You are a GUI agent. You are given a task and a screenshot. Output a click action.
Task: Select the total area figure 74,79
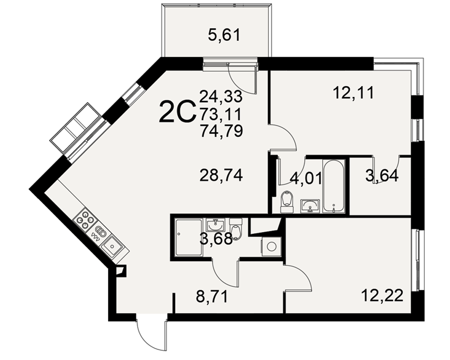[221, 131]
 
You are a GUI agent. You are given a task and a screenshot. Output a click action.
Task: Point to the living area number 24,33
[221, 96]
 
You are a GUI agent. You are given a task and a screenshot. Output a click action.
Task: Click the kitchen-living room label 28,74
[221, 175]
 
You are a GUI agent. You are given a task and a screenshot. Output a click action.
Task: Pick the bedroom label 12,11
[354, 93]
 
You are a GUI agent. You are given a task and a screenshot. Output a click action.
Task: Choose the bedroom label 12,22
[382, 295]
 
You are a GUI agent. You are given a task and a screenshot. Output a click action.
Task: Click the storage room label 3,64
[382, 176]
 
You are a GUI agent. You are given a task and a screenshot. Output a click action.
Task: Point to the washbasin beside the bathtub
[310, 206]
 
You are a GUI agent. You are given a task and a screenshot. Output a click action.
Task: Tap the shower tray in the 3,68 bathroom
[189, 237]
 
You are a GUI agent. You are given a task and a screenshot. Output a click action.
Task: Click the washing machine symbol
[271, 246]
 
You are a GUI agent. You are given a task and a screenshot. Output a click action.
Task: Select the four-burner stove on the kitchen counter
[85, 220]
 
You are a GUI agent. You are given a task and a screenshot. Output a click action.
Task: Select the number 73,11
[221, 114]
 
